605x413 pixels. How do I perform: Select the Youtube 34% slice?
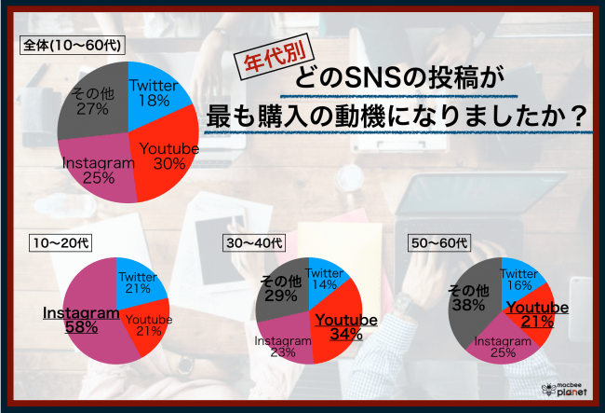tap(345, 326)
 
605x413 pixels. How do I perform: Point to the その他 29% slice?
tap(280, 288)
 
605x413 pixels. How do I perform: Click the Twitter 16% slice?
tap(520, 278)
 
